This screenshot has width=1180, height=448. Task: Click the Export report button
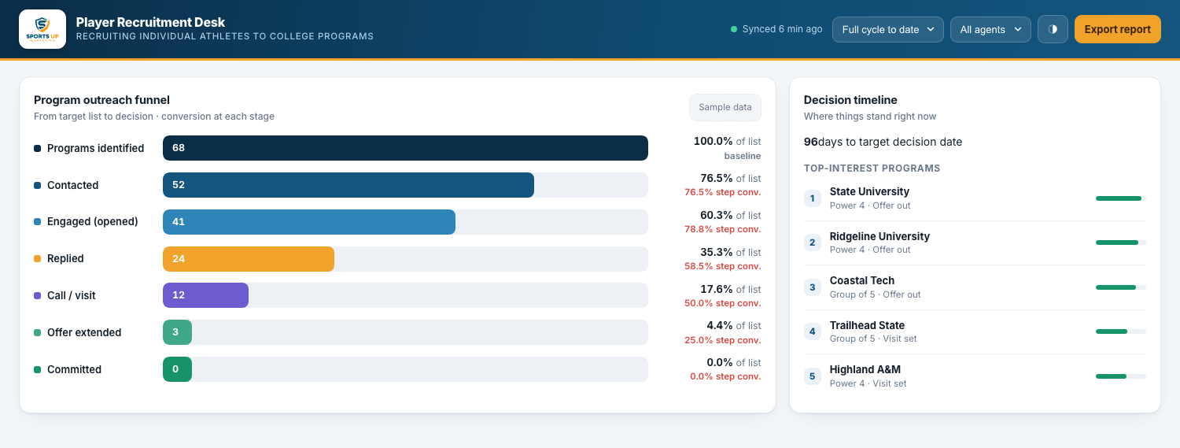(x=1117, y=29)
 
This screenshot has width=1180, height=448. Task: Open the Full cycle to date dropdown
(x=887, y=29)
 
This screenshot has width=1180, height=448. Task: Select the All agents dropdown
(x=990, y=29)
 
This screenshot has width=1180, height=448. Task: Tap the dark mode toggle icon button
(x=1053, y=29)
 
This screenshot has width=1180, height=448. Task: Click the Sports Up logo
(x=42, y=29)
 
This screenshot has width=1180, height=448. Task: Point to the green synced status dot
(x=734, y=29)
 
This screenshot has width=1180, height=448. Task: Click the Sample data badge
(x=725, y=107)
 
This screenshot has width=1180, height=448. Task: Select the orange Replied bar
(x=249, y=259)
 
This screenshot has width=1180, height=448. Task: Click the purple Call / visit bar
(x=205, y=295)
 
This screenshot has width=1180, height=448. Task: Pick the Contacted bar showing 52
(x=348, y=185)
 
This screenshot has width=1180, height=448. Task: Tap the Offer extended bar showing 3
(x=178, y=332)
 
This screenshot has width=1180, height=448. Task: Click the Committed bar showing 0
(x=178, y=369)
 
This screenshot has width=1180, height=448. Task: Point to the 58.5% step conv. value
(x=723, y=266)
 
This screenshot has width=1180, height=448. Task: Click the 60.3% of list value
(x=730, y=215)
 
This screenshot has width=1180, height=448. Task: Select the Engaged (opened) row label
(x=93, y=221)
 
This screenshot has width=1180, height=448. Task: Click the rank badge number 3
(x=813, y=287)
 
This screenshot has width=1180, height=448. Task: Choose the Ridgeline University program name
(x=879, y=236)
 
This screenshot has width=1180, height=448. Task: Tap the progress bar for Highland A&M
(x=1120, y=376)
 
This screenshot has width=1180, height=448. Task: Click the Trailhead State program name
(x=867, y=325)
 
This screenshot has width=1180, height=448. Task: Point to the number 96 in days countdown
(x=811, y=142)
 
